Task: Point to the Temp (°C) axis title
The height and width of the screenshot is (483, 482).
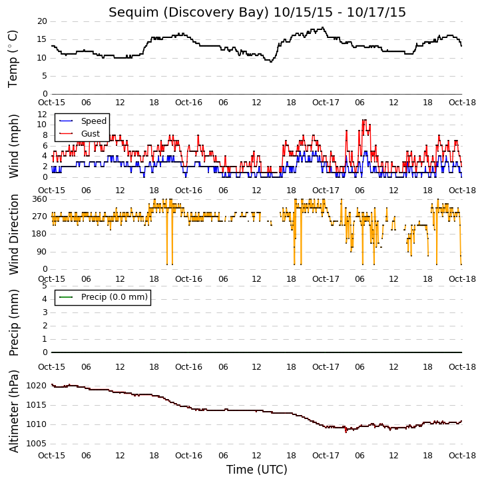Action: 13,59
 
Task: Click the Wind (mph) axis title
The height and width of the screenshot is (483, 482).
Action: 13,146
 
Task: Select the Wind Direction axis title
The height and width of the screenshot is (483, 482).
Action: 13,234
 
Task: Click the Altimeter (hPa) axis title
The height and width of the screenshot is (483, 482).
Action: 13,411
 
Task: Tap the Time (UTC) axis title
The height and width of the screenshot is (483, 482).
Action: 257,470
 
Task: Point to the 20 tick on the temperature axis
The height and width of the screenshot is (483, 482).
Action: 42,21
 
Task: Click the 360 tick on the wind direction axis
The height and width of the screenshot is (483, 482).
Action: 40,199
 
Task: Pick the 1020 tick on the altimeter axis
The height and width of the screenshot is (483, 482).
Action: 36,386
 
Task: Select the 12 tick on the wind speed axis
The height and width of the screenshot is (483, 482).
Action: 42,115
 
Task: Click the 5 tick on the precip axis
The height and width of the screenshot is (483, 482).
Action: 45,286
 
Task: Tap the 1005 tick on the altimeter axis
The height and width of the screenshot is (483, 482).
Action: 36,444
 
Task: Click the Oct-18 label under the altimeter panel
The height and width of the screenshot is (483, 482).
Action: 462,455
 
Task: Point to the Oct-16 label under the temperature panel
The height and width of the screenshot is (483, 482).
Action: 188,103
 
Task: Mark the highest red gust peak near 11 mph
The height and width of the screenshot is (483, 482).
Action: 364,120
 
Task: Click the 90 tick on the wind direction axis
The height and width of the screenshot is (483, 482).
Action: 42,252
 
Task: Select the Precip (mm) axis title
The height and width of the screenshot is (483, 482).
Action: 13,322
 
